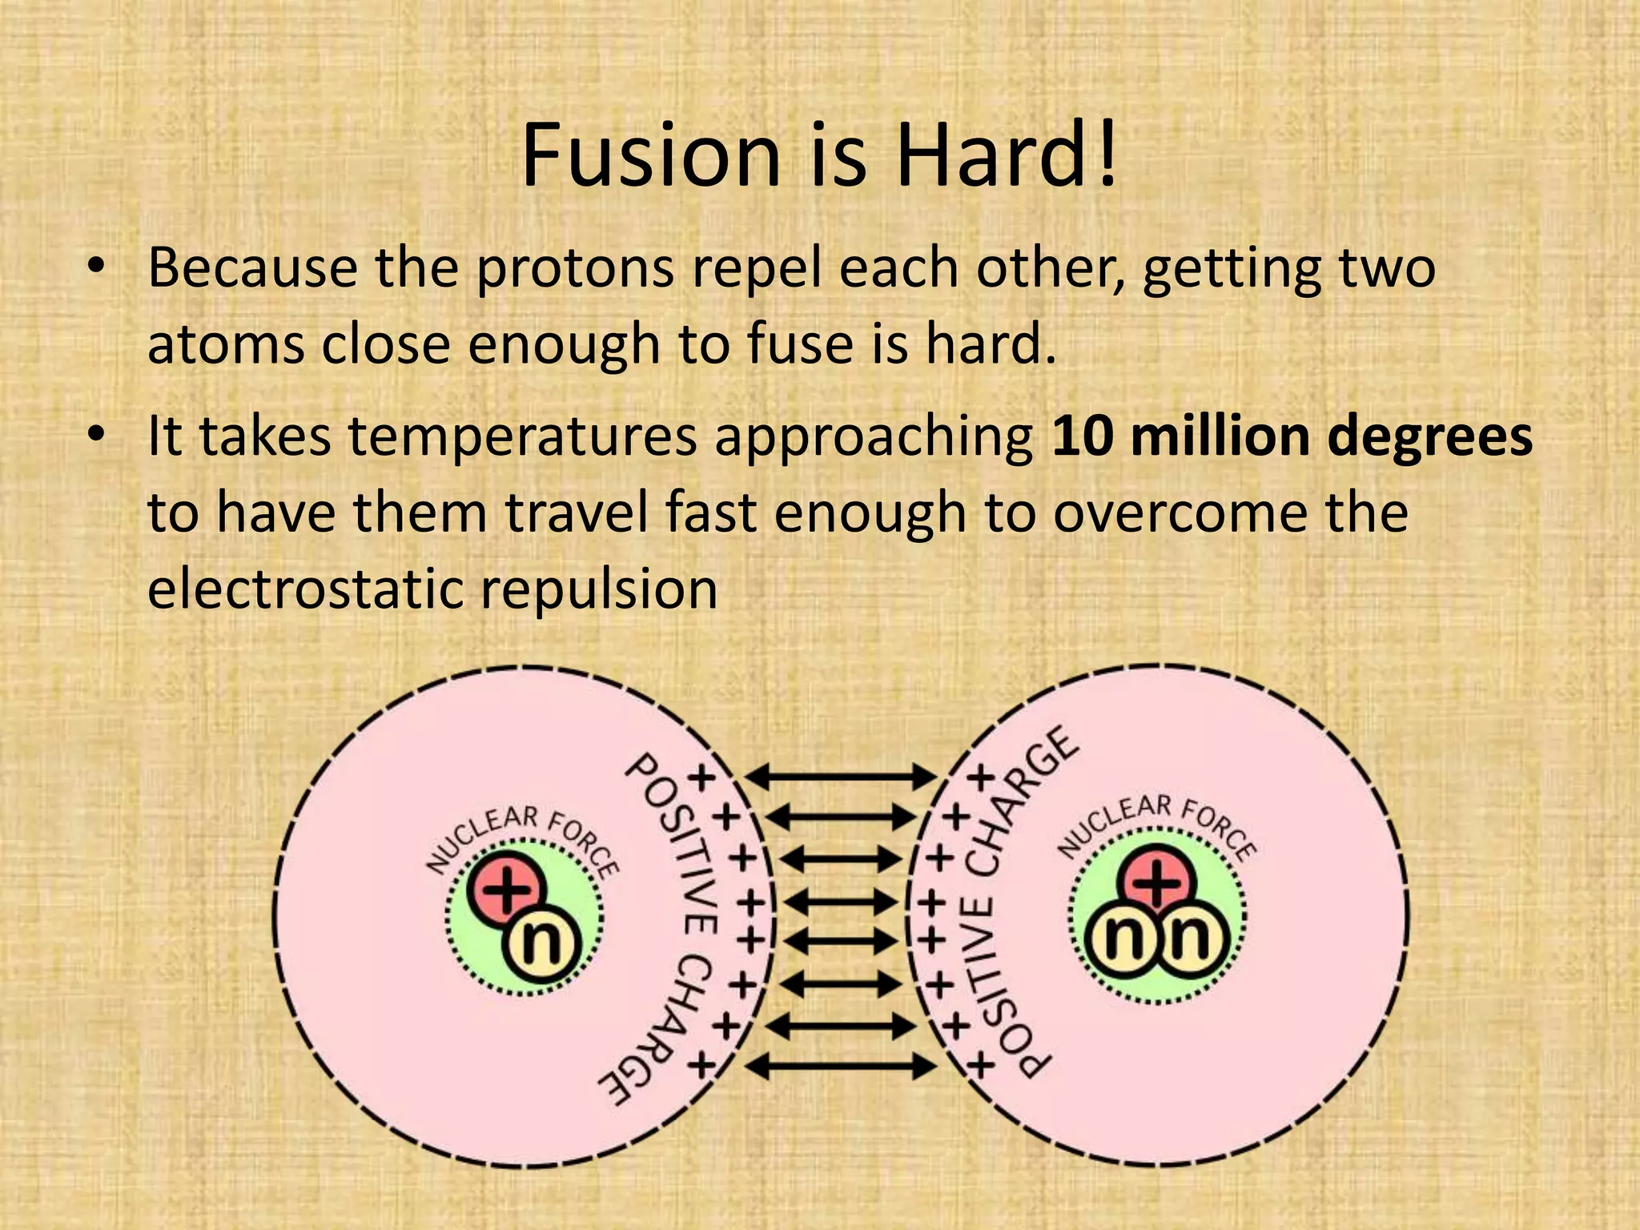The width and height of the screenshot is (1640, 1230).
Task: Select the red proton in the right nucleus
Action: point(1159,883)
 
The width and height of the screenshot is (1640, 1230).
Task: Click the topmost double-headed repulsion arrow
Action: point(840,775)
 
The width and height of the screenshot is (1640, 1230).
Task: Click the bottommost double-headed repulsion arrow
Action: point(840,1066)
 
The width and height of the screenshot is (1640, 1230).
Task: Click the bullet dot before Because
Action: point(98,269)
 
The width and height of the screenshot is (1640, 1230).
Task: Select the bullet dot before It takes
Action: point(98,437)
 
